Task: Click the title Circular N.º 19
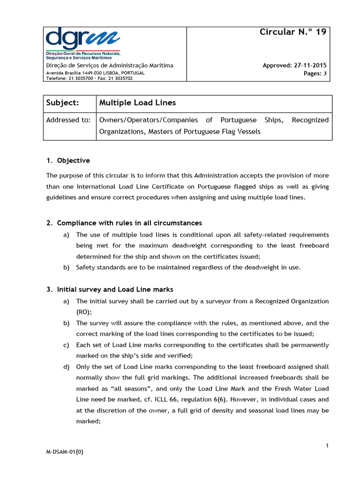(293, 32)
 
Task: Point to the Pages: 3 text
(315, 73)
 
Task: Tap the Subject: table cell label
(63, 103)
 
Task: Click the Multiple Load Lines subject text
(137, 103)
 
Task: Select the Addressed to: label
(68, 120)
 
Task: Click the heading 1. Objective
(68, 160)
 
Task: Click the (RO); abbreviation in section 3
(84, 312)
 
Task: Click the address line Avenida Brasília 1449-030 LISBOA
(95, 73)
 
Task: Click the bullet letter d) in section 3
(66, 367)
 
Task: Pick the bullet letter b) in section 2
(66, 268)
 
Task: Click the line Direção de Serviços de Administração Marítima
(109, 65)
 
